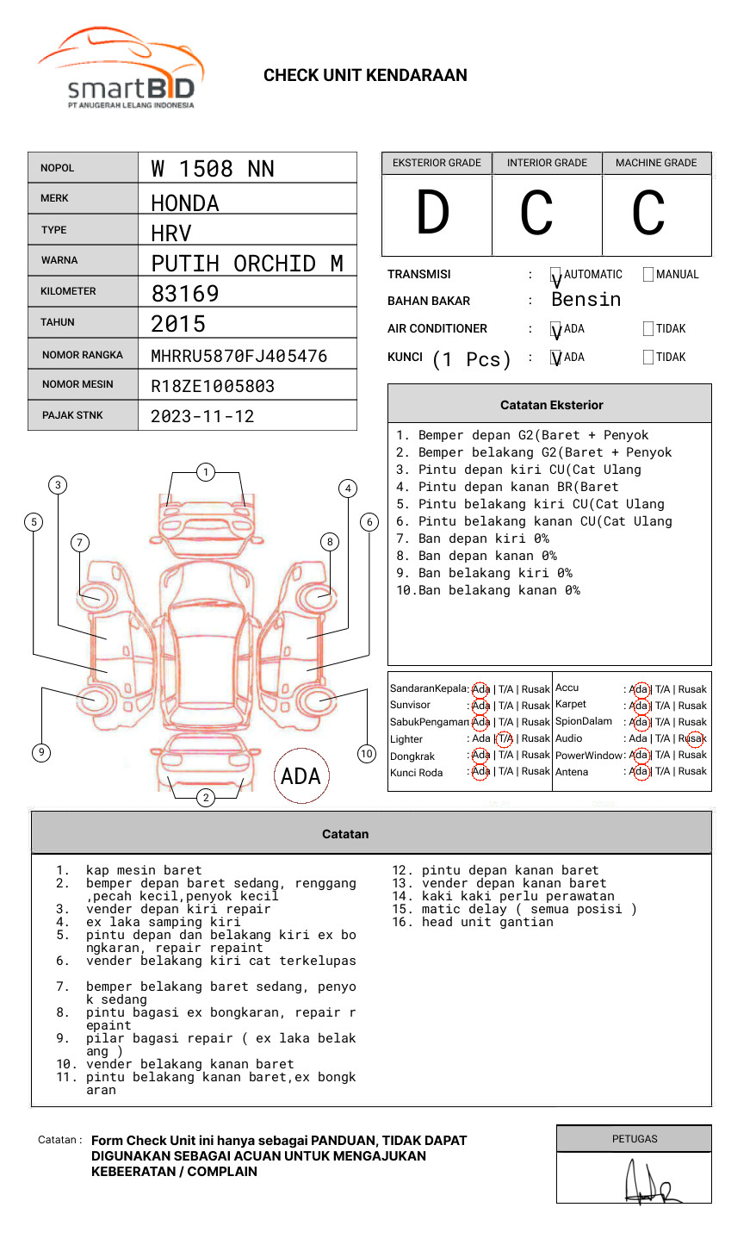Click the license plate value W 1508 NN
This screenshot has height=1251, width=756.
click(213, 169)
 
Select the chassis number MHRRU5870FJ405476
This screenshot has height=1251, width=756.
click(239, 356)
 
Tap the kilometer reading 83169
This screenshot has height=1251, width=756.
click(185, 294)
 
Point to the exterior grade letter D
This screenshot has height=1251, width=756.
click(433, 213)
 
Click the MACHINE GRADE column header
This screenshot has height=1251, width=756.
click(656, 163)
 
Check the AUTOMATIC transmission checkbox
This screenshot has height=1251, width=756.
click(555, 275)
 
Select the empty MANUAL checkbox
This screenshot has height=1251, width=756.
click(648, 275)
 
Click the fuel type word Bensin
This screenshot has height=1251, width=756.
click(586, 300)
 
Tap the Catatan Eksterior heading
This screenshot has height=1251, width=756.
click(551, 405)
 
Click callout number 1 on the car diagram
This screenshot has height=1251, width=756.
click(205, 472)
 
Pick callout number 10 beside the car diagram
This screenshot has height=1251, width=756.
click(367, 754)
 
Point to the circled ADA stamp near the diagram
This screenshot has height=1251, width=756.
click(301, 776)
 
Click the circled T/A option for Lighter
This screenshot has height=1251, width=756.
click(505, 738)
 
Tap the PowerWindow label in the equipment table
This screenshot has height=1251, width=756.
click(589, 756)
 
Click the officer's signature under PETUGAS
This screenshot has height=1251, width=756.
click(650, 1184)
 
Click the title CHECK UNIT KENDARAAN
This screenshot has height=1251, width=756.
click(365, 76)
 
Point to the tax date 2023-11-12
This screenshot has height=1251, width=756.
click(202, 417)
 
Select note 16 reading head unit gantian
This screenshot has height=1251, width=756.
click(473, 922)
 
